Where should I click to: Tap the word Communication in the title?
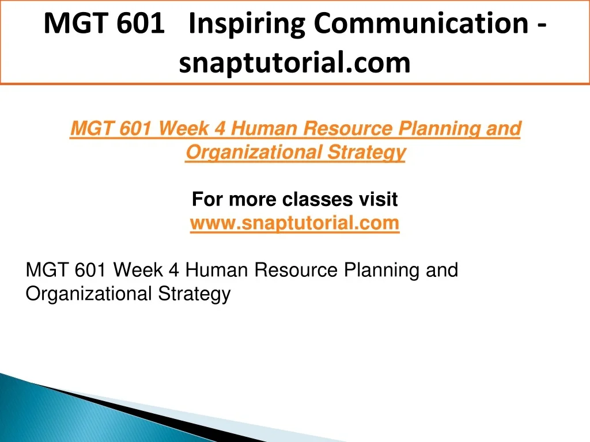(x=421, y=23)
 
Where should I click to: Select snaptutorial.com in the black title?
(x=294, y=63)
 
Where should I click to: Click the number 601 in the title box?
(x=141, y=23)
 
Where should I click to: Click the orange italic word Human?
(x=264, y=128)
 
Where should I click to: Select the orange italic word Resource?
(x=348, y=128)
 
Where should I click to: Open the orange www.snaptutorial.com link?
(x=294, y=224)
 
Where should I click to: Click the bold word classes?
(x=317, y=199)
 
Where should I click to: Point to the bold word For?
(x=207, y=199)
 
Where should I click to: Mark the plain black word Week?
(x=138, y=270)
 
